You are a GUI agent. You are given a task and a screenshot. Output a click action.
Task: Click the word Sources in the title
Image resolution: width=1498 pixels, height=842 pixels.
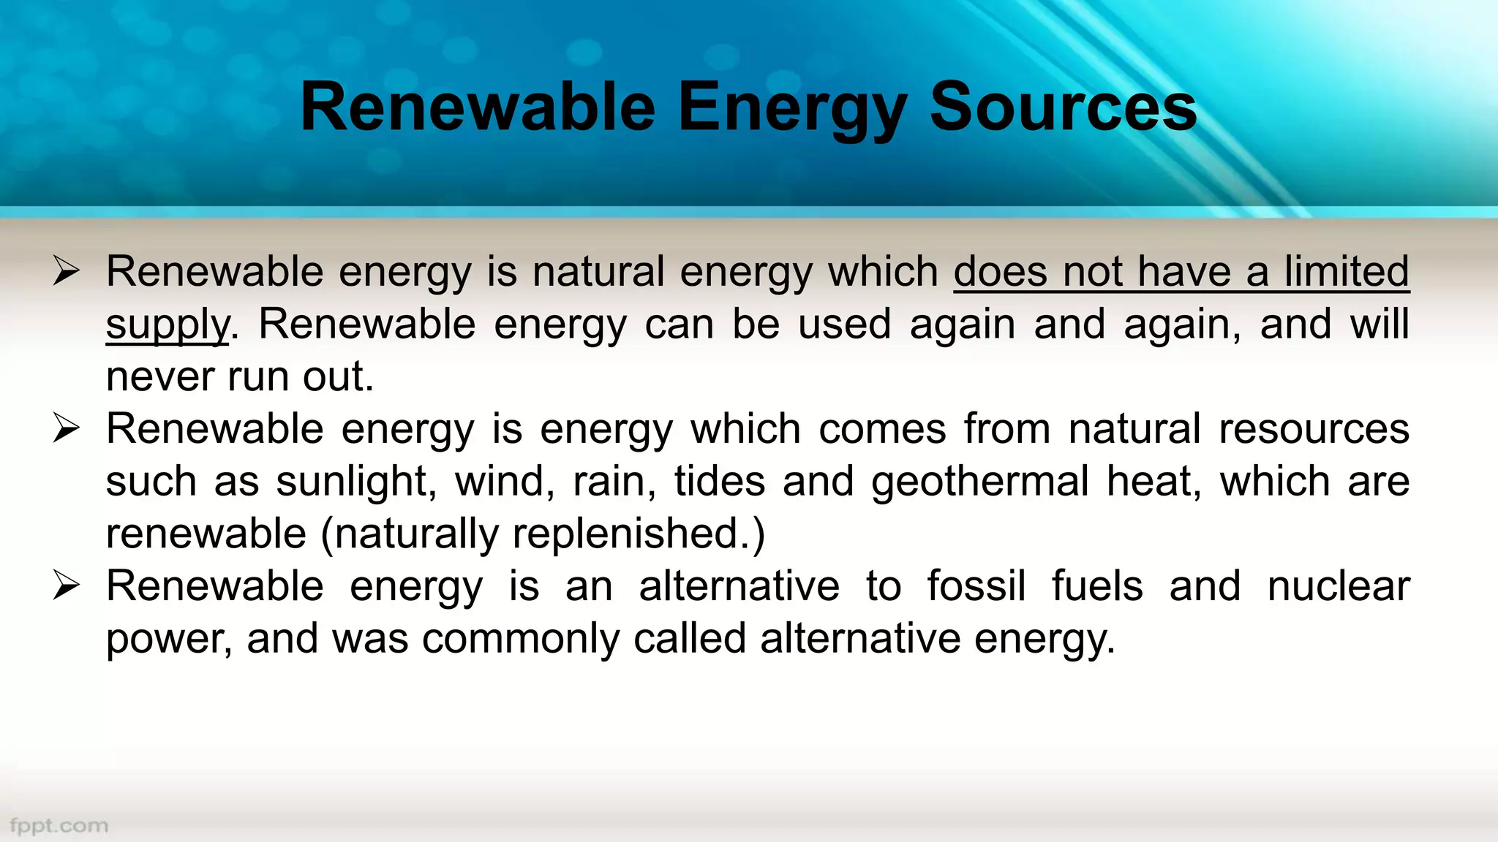tap(1063, 107)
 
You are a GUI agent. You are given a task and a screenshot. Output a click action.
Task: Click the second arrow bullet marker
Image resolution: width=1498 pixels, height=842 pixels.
tap(66, 428)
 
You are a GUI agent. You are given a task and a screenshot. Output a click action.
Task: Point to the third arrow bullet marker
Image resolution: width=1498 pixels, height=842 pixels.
tap(66, 586)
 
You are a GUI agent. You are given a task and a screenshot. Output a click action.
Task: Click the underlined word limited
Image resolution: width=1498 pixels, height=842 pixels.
tap(1347, 272)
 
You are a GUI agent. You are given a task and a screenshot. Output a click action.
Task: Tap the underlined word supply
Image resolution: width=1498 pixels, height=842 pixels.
tap(168, 325)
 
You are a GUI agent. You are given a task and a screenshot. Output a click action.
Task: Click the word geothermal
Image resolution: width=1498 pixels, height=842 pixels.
tap(980, 482)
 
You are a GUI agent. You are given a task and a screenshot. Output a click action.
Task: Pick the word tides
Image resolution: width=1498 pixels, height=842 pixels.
tap(720, 482)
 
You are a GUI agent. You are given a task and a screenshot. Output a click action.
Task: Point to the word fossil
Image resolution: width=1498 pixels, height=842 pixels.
tap(976, 586)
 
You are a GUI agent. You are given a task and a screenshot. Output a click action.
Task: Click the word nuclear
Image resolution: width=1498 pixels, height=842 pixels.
tap(1339, 586)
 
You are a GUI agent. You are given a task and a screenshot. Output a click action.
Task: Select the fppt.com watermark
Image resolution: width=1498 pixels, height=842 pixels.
tap(59, 826)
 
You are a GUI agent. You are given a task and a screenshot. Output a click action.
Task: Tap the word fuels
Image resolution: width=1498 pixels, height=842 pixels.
tap(1097, 586)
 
